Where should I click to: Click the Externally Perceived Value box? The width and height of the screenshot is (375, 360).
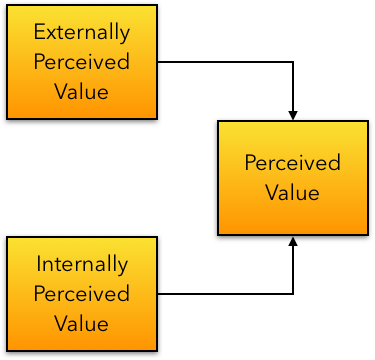(x=82, y=61)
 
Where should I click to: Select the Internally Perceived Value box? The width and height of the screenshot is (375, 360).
(x=82, y=294)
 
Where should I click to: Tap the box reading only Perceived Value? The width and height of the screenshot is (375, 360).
(x=293, y=178)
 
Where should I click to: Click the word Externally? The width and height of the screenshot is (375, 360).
(x=82, y=31)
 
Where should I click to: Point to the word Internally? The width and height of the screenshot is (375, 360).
(x=82, y=265)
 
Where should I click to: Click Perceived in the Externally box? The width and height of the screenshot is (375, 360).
(x=82, y=61)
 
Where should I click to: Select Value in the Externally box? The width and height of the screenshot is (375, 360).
(x=82, y=91)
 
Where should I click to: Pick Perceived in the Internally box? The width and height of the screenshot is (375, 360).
(x=82, y=294)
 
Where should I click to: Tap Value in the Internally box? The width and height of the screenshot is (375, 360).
(x=82, y=324)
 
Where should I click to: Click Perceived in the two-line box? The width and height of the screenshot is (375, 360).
(x=293, y=163)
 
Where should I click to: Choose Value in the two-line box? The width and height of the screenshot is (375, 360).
(x=293, y=192)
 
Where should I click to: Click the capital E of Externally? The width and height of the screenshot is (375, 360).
(x=39, y=31)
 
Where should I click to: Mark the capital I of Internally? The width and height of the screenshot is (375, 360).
(x=38, y=265)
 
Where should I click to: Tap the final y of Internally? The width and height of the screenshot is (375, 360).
(x=124, y=268)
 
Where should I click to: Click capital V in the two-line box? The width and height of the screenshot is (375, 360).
(x=272, y=192)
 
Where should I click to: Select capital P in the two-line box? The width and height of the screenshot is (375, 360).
(x=250, y=163)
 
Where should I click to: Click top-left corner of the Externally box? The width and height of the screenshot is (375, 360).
(x=9, y=6)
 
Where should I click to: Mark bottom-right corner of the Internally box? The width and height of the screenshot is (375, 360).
(x=155, y=349)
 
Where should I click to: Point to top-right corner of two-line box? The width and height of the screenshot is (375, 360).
(x=366, y=123)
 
